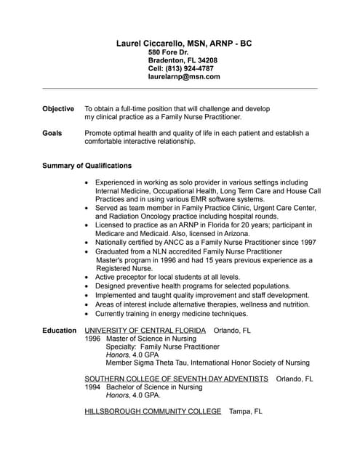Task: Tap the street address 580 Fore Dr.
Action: (x=168, y=53)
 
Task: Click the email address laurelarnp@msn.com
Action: (x=184, y=76)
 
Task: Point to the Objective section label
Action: (x=58, y=109)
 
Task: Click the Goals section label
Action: (x=52, y=133)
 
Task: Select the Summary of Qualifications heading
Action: (x=87, y=166)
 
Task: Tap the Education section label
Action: (x=59, y=331)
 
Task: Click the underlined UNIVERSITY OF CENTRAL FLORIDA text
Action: (x=145, y=331)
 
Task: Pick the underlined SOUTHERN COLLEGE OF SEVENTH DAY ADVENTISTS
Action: (x=176, y=379)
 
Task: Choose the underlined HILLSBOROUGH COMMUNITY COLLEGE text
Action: (x=153, y=411)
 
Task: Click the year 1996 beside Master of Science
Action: (x=92, y=339)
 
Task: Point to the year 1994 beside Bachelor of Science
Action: (x=92, y=387)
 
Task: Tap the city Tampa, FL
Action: (x=246, y=411)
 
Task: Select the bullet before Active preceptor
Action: (x=87, y=277)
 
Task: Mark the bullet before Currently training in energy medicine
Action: (x=87, y=314)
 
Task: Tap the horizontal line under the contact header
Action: (x=180, y=89)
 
